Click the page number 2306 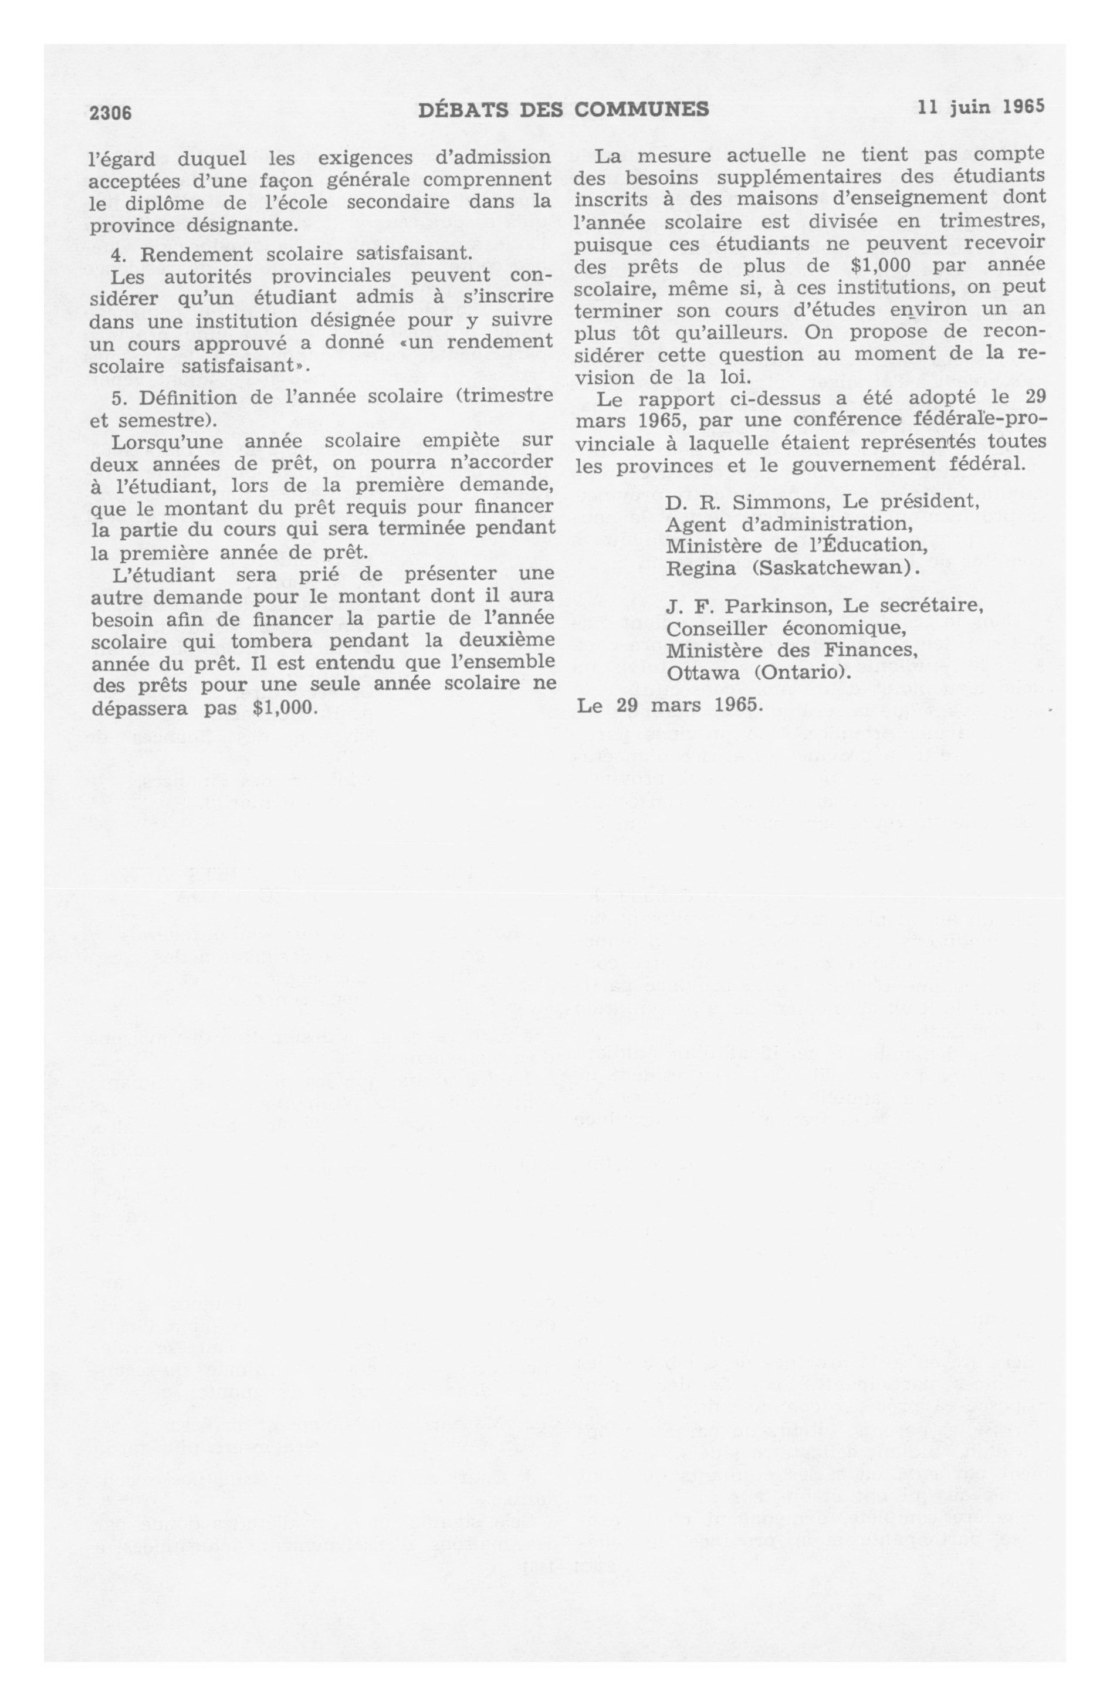pyautogui.click(x=110, y=113)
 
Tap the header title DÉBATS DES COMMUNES pyautogui.click(x=564, y=109)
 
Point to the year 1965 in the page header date pyautogui.click(x=1023, y=106)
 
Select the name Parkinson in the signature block pyautogui.click(x=779, y=605)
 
